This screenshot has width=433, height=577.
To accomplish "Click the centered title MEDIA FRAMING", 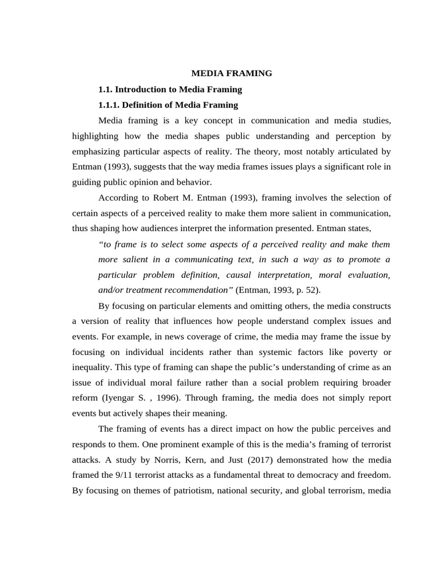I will point(232,73).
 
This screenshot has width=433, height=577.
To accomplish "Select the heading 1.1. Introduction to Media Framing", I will point(170,89).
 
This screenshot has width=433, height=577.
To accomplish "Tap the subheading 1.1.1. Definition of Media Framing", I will point(168,105).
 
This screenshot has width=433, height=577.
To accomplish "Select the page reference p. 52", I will point(308,290).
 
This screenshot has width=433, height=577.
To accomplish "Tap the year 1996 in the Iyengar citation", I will point(153,398).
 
